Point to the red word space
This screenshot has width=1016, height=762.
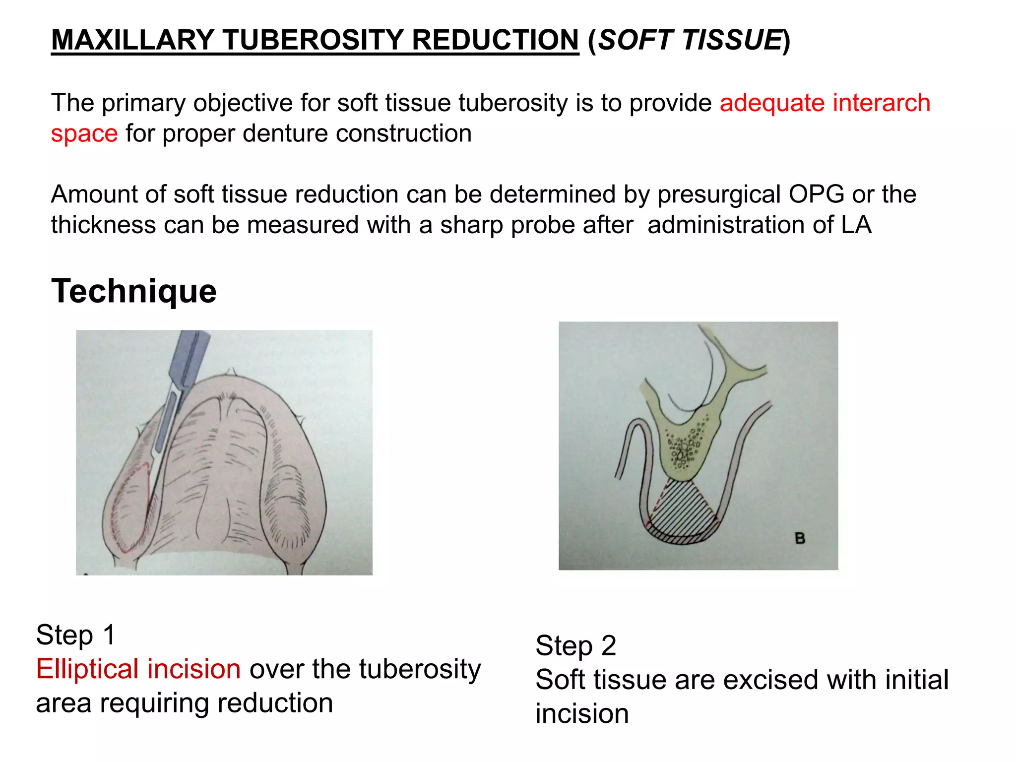click(84, 134)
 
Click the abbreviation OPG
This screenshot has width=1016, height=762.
click(816, 194)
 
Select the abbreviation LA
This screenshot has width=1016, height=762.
click(856, 225)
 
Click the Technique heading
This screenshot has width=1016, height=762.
click(134, 291)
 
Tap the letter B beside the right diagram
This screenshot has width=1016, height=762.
click(799, 538)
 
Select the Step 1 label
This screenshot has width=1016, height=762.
click(76, 635)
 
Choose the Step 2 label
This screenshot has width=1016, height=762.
click(575, 645)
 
